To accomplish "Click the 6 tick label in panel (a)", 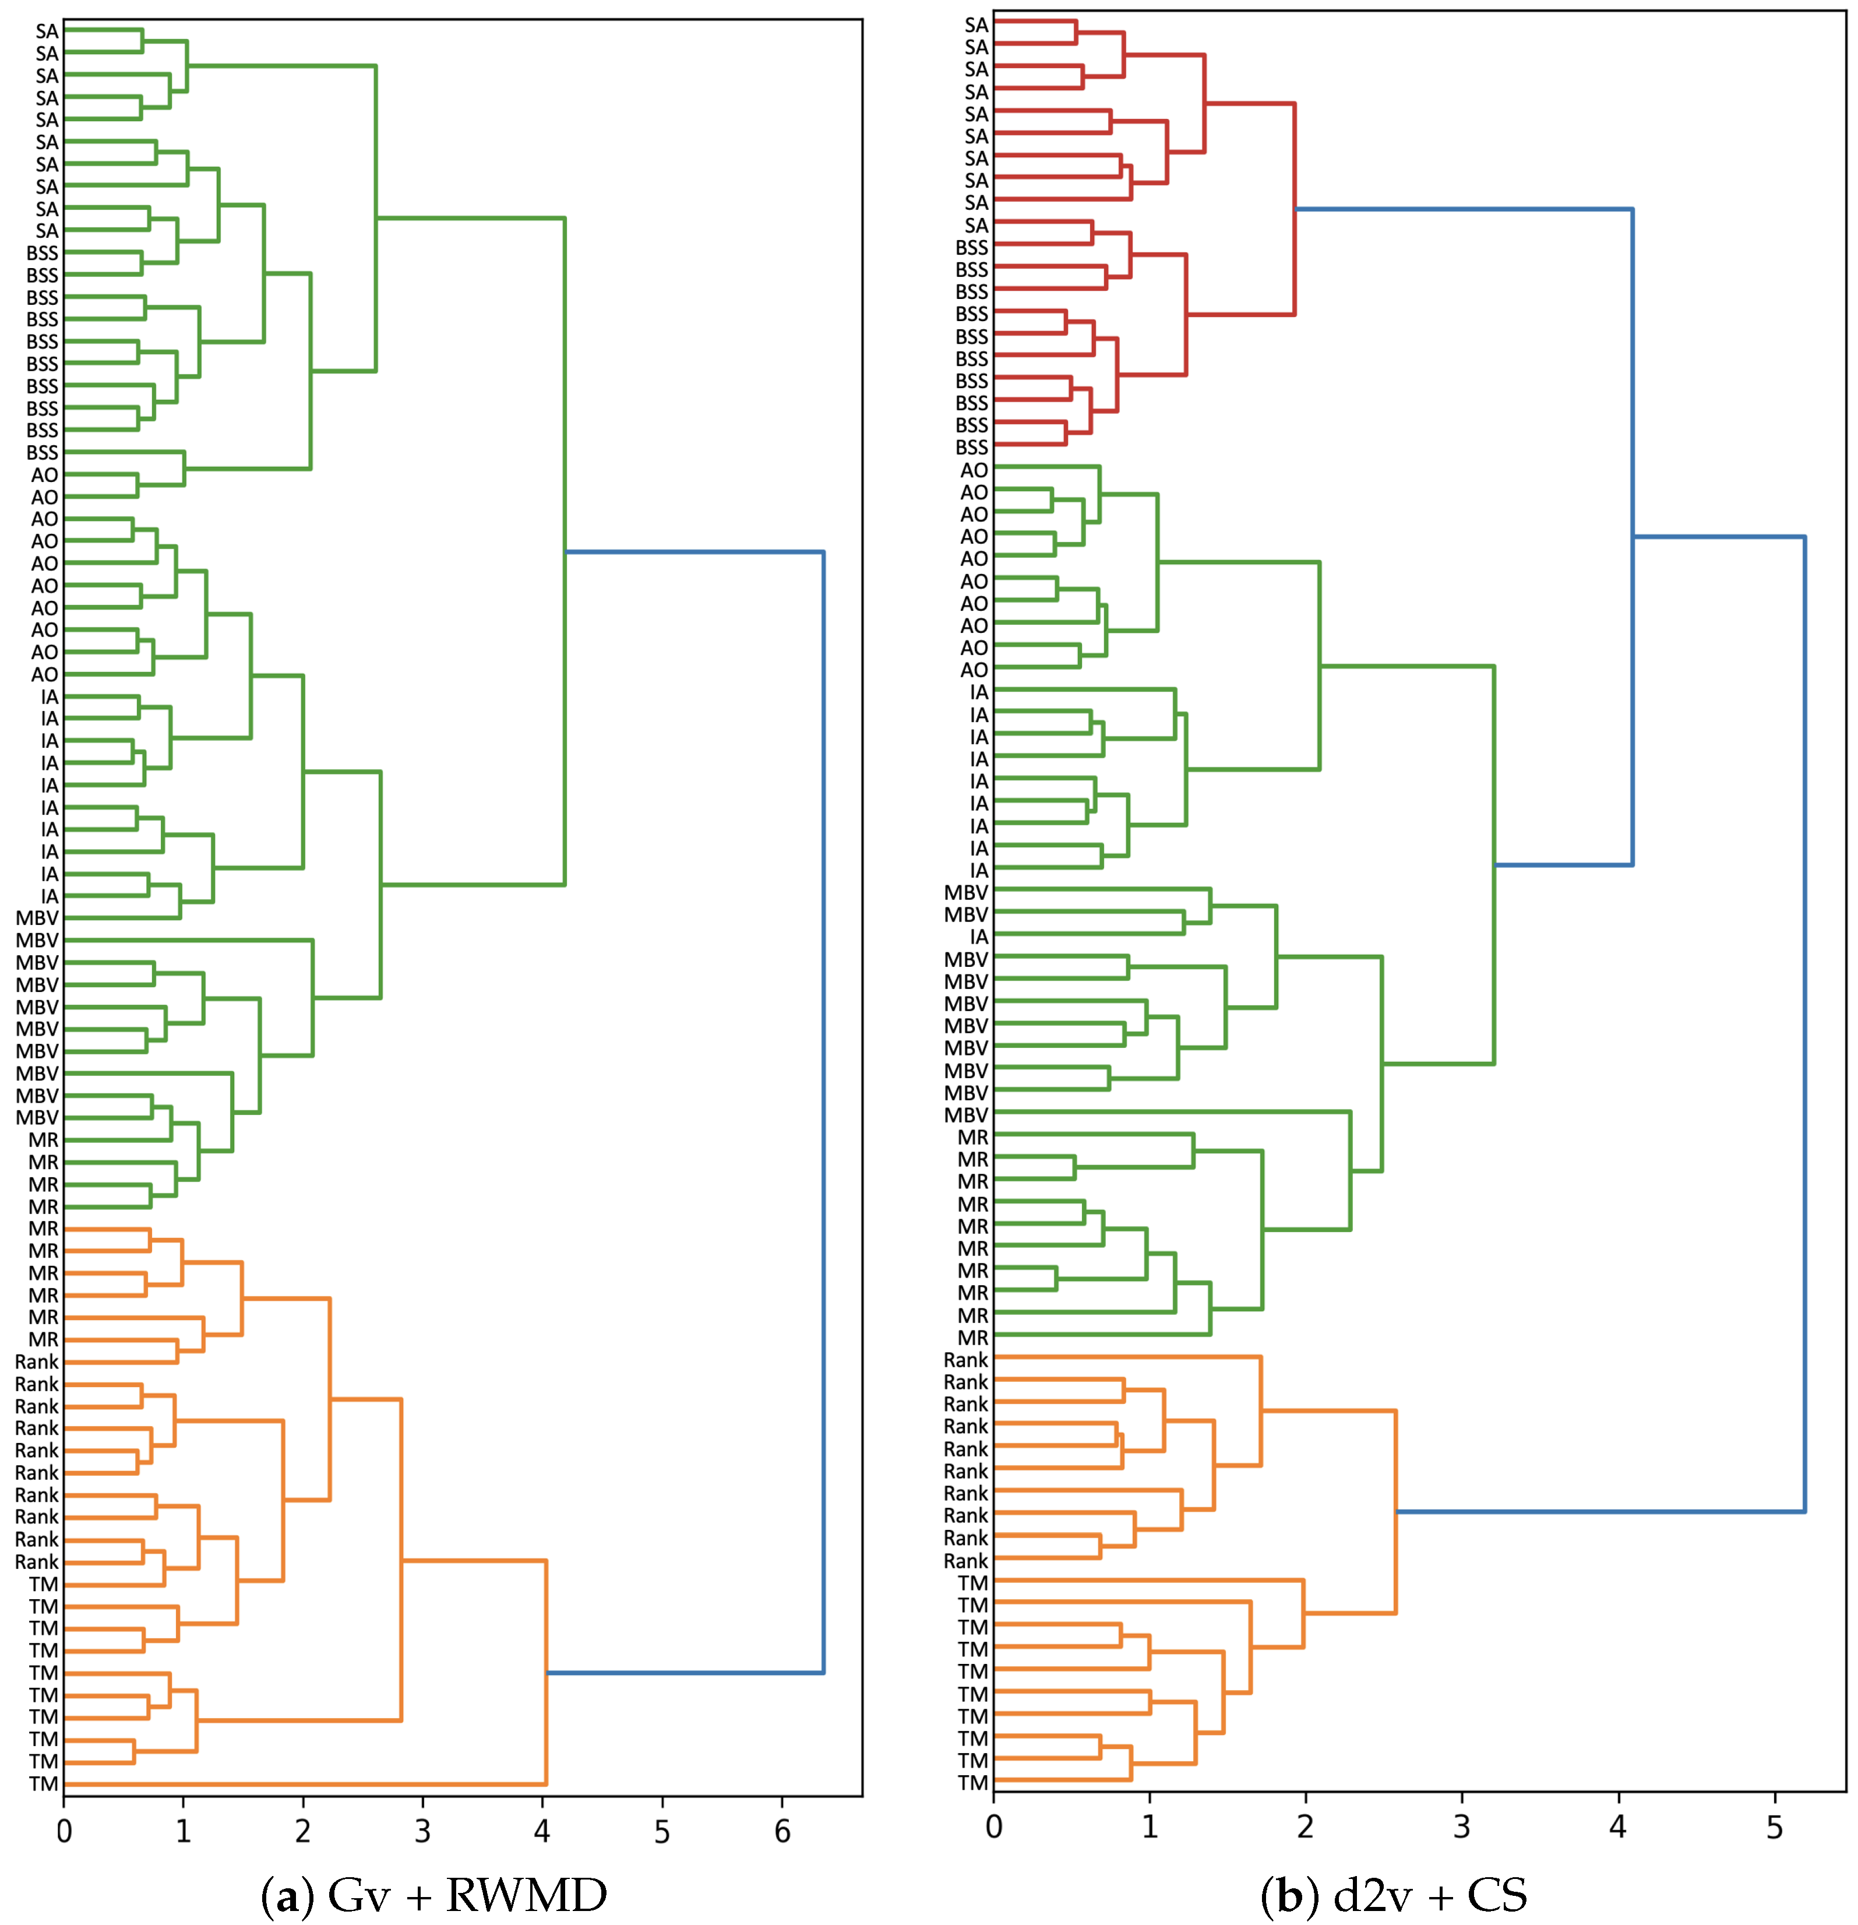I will click(x=782, y=1831).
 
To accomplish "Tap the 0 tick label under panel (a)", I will click(x=64, y=1831).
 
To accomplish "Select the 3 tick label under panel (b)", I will click(x=1461, y=1827).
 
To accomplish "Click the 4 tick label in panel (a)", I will click(x=542, y=1831).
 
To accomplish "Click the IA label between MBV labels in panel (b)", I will click(x=979, y=937).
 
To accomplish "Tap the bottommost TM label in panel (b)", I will click(x=973, y=1783).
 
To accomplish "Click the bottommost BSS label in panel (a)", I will click(x=42, y=453).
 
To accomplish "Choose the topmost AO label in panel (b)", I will click(x=974, y=470).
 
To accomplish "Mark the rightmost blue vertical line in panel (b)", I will click(x=1804, y=1022).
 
